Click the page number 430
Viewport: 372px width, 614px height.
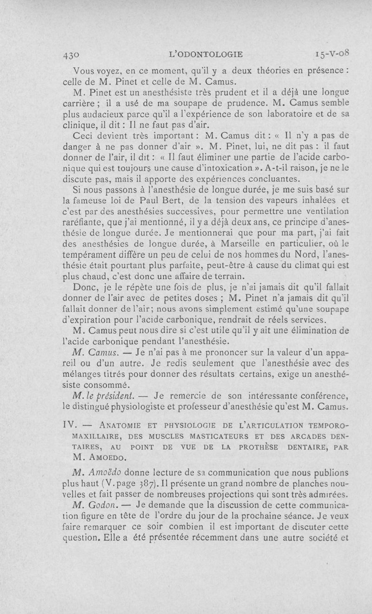click(x=71, y=55)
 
